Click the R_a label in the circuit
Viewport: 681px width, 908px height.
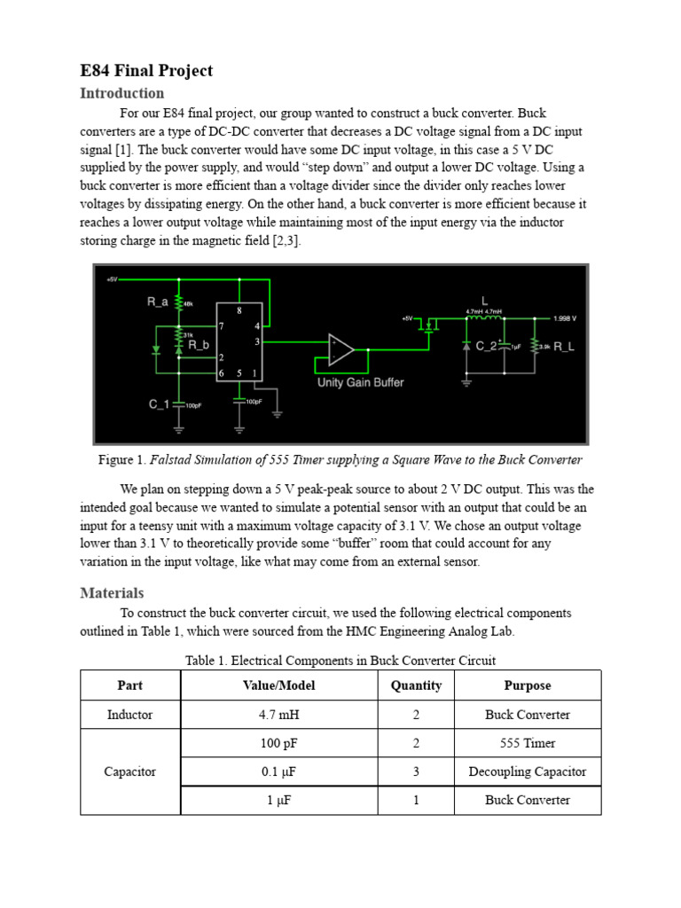tap(157, 302)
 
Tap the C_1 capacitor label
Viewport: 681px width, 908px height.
tap(159, 404)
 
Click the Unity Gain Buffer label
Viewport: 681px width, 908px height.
tap(360, 382)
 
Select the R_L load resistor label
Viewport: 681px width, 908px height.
tap(564, 347)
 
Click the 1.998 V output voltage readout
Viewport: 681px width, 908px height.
tap(564, 317)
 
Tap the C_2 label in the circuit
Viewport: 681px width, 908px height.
tap(487, 347)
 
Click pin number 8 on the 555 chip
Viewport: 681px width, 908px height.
tap(238, 310)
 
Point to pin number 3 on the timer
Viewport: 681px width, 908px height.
tap(257, 340)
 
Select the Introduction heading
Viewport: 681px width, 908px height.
tap(122, 93)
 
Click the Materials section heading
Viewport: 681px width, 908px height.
tap(112, 592)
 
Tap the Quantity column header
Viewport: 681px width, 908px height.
tap(416, 685)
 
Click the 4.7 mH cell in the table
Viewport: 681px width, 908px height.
tap(278, 715)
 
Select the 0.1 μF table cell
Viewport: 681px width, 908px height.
tap(278, 771)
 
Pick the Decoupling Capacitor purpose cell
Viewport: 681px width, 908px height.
tap(527, 771)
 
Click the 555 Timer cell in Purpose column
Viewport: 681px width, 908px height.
tap(527, 743)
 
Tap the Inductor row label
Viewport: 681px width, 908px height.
tap(129, 715)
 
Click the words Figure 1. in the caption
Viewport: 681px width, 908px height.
tap(121, 460)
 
